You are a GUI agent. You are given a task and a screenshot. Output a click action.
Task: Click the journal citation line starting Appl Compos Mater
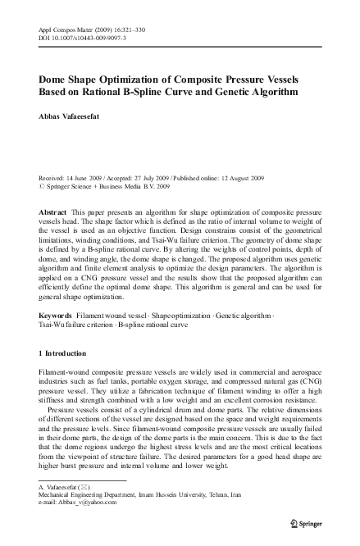86,29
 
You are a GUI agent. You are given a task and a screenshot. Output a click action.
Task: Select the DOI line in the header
80,37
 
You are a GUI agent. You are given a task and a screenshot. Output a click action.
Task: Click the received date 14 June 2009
86,177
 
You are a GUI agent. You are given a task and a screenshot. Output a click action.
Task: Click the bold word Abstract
52,211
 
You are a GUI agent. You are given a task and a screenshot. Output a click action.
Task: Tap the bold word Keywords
56,315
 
